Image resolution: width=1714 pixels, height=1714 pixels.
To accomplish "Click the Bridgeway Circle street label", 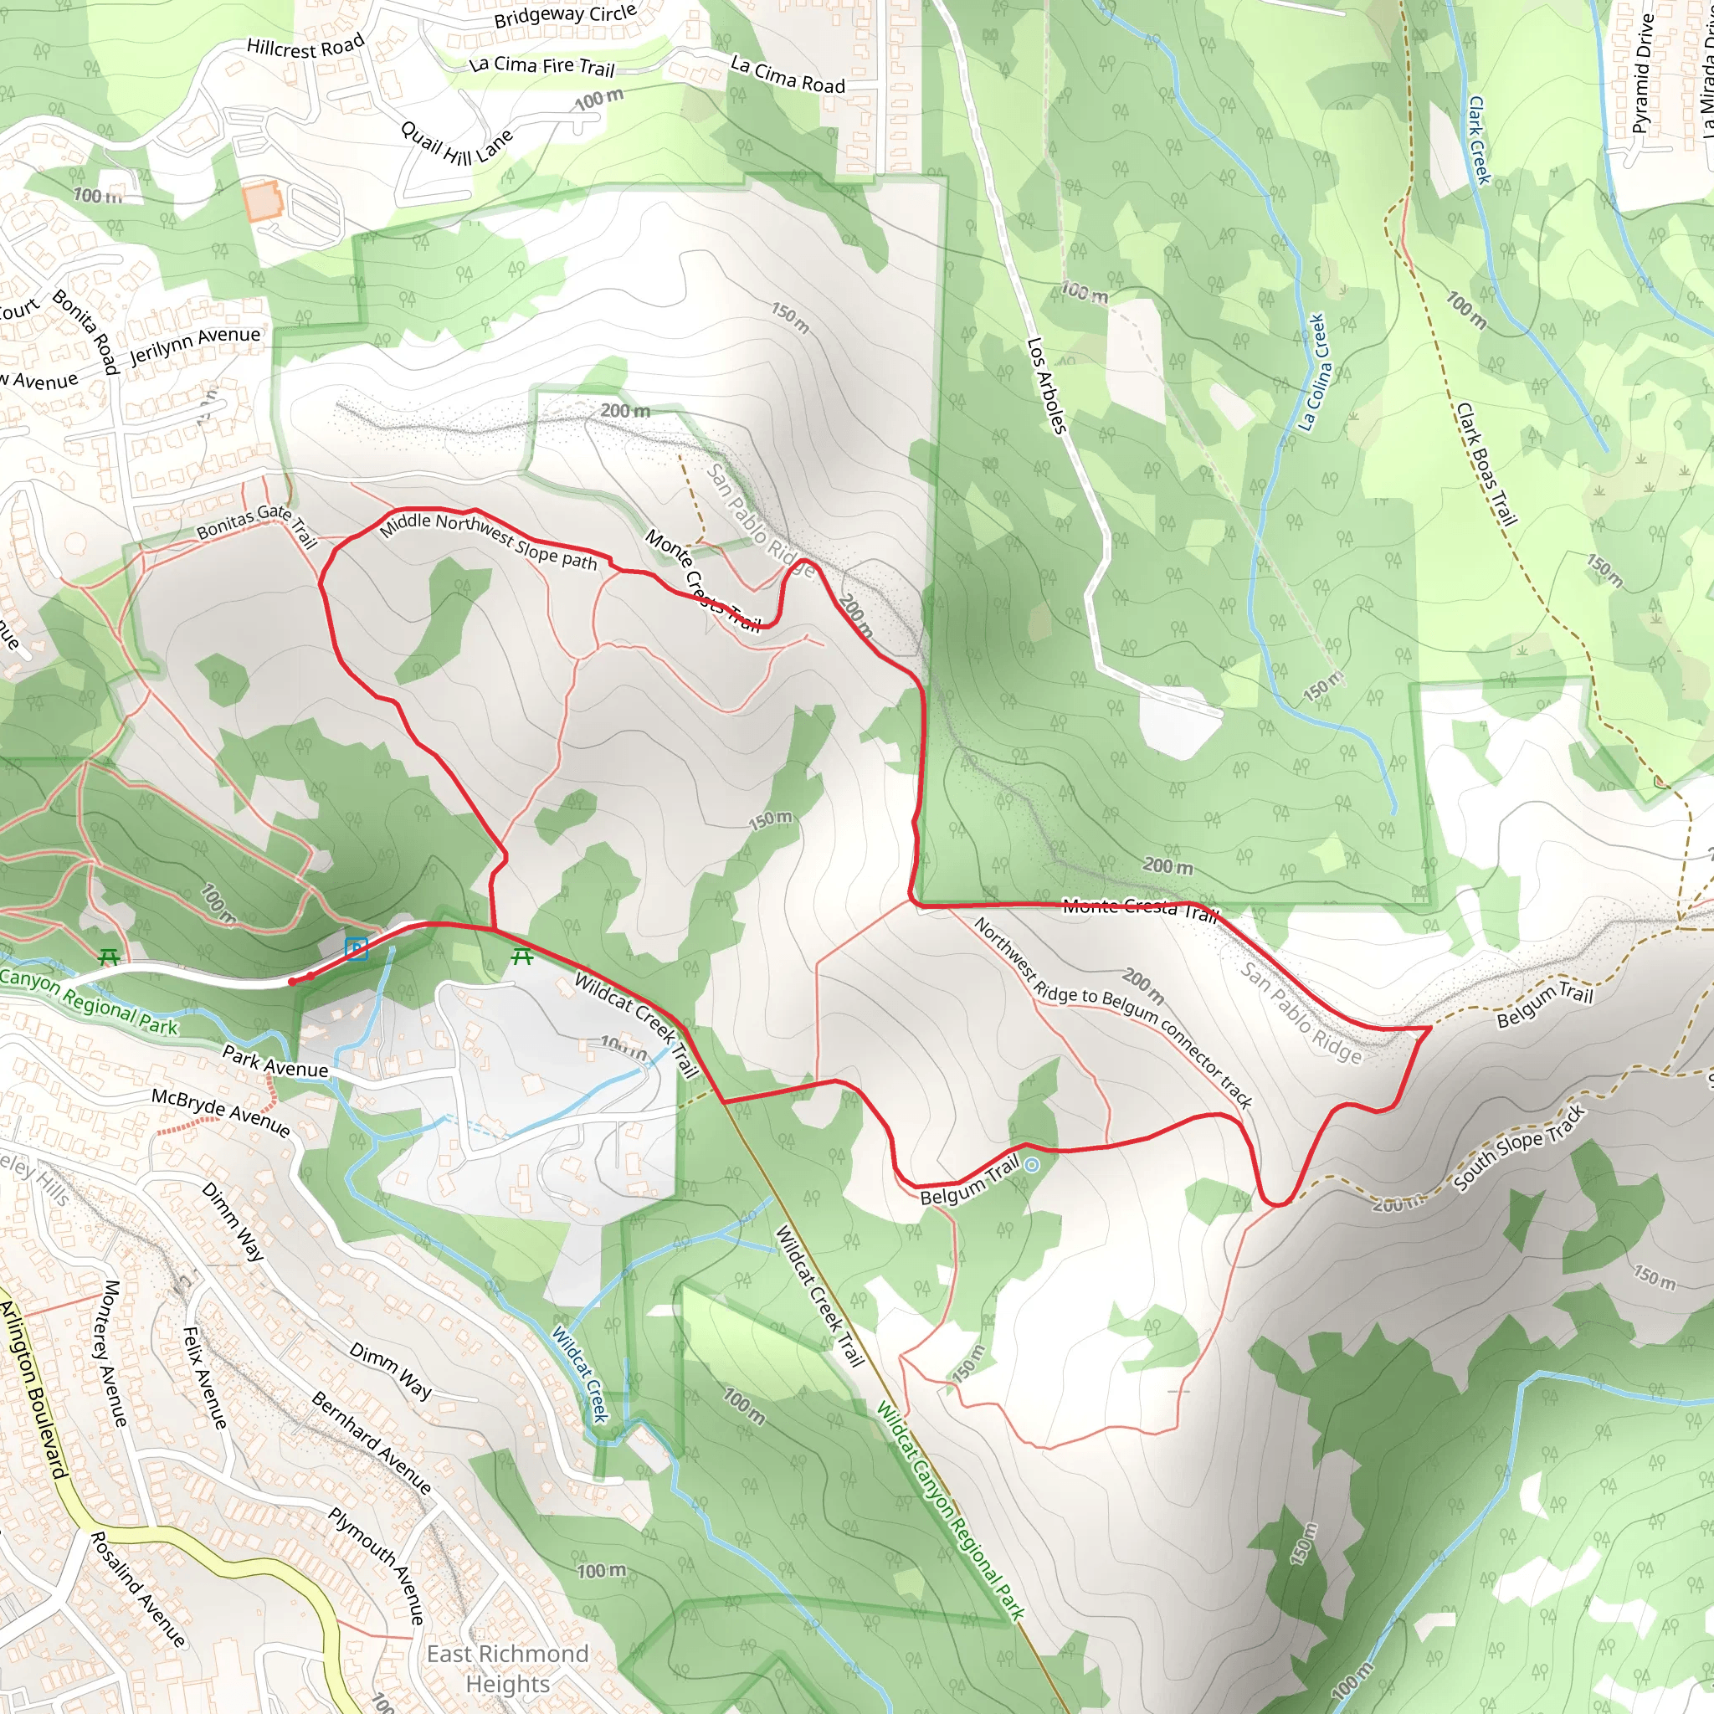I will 565,16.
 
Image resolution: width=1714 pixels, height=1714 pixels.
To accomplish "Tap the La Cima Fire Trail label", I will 541,64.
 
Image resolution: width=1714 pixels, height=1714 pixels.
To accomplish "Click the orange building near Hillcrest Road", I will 262,202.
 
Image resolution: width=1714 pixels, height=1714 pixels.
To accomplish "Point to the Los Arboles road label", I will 1046,385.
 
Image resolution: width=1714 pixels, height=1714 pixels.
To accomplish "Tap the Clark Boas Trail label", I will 1486,464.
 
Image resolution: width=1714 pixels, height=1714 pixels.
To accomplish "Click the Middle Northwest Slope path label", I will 489,540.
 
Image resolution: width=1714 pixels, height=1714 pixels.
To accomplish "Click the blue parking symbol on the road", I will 357,948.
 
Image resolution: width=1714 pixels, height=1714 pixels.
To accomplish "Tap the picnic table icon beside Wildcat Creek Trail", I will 521,957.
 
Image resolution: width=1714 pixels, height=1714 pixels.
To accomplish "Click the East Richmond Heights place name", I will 507,1668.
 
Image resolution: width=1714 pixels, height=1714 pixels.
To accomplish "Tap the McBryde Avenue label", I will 220,1112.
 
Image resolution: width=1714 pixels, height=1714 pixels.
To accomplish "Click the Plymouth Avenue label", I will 377,1566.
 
